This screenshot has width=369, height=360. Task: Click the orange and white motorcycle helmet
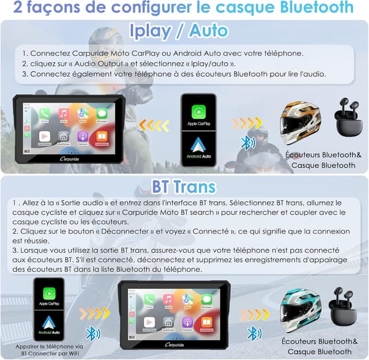point(300,122)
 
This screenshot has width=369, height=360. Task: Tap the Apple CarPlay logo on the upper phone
point(198,111)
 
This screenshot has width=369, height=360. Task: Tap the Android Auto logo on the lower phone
point(49,324)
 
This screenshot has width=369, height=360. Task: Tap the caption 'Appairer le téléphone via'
point(49,347)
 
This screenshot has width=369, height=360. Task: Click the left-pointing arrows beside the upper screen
point(154,125)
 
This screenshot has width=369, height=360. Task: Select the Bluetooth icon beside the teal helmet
point(252,333)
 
